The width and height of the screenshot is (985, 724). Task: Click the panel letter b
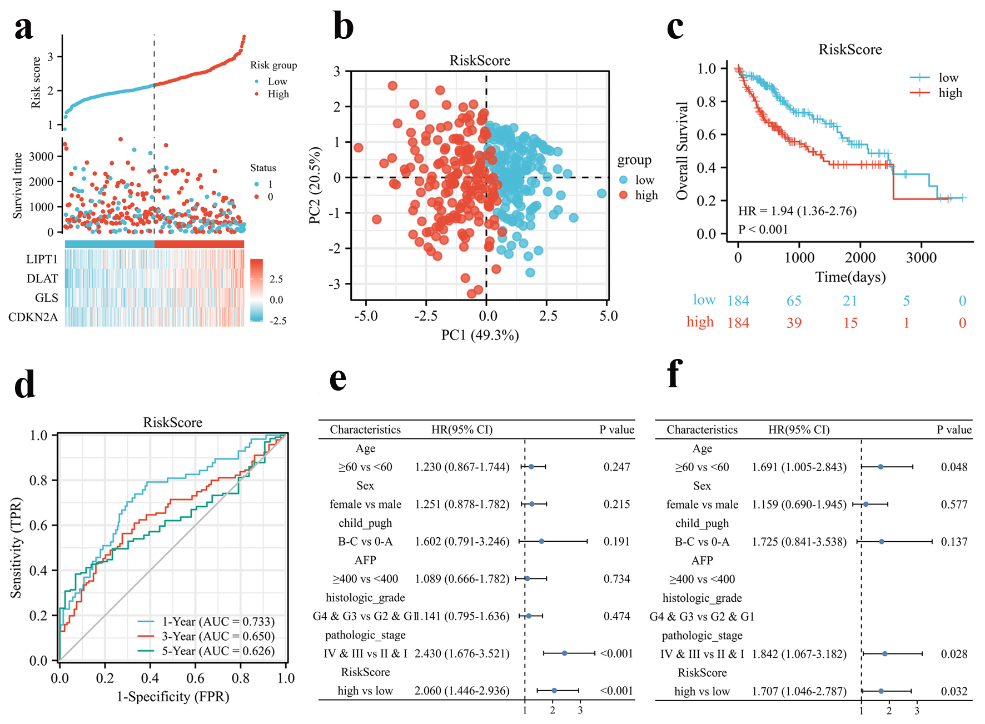[343, 26]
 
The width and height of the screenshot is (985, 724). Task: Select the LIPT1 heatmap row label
[42, 259]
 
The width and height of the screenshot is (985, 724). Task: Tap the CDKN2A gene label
[33, 317]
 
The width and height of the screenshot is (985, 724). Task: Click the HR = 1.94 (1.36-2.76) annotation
[797, 211]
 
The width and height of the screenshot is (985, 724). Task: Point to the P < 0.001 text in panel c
[763, 229]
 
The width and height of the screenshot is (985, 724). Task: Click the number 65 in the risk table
[794, 301]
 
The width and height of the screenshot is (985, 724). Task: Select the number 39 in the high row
[794, 323]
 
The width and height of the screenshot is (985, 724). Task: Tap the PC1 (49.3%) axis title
[480, 335]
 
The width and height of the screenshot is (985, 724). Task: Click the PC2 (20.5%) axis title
[315, 186]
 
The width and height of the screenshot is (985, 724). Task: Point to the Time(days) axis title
[850, 277]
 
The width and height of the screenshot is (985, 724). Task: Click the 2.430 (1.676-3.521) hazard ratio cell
[462, 653]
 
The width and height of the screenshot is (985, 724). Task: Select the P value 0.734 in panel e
[616, 579]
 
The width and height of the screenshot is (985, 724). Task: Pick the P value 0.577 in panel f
[954, 505]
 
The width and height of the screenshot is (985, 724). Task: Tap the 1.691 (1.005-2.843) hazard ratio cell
[799, 467]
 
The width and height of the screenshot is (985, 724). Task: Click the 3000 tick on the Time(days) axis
[921, 258]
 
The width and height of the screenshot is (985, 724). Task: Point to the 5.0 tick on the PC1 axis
[608, 316]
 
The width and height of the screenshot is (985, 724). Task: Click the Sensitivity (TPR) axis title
[16, 548]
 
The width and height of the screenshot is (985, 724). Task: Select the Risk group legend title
[273, 65]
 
